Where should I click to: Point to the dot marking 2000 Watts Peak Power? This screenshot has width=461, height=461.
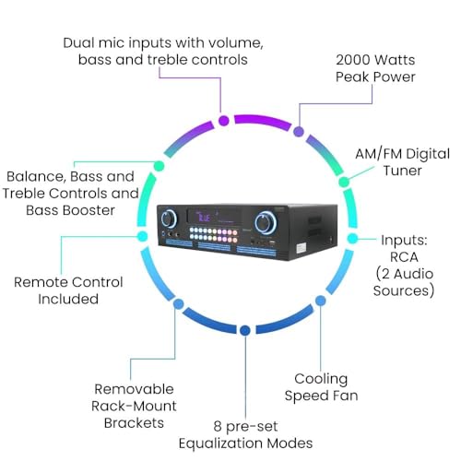click(x=298, y=133)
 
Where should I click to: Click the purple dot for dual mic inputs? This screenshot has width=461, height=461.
click(x=223, y=120)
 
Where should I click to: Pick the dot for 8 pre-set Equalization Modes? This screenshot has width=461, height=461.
click(x=243, y=329)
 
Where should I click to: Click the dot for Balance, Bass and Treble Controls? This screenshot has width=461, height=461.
click(x=159, y=166)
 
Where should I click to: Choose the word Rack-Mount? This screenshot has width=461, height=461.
click(x=136, y=407)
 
